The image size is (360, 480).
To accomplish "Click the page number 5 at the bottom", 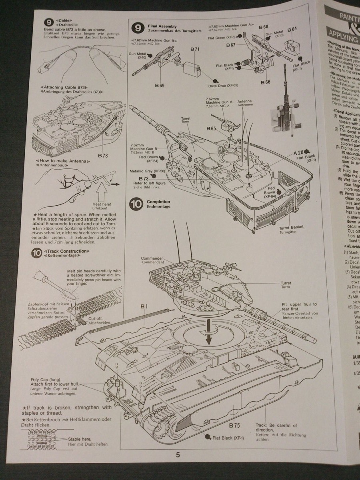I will click(178, 455).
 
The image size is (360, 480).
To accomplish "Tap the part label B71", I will click(195, 49).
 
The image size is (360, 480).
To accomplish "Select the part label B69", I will click(160, 86).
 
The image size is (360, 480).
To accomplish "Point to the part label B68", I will click(263, 27).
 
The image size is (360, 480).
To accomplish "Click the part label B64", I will click(292, 29).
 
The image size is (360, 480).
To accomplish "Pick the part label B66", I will click(265, 82).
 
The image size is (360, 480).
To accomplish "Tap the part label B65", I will click(212, 128).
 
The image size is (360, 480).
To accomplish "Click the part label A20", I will click(298, 152).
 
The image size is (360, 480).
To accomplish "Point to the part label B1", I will click(144, 306).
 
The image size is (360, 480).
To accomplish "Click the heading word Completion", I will click(158, 202).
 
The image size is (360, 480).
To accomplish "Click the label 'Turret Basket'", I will click(291, 227).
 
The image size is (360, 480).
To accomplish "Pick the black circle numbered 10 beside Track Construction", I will click(37, 253).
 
